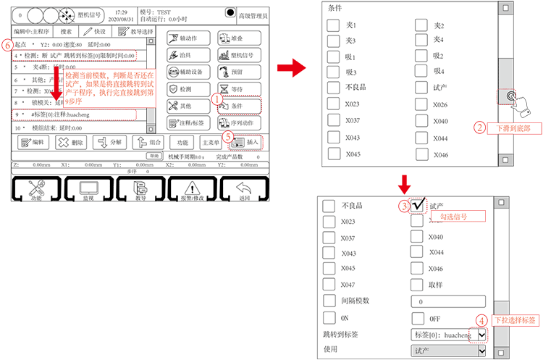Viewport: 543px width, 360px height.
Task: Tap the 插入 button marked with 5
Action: (245, 143)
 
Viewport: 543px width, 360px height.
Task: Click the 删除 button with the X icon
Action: (72, 143)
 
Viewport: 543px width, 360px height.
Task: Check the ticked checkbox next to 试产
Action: (418, 205)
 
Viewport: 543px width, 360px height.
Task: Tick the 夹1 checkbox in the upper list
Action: (333, 25)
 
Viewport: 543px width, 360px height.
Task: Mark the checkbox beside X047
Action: (329, 285)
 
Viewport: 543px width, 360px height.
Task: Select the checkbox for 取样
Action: (418, 285)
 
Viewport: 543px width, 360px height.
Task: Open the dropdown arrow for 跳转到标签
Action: (481, 335)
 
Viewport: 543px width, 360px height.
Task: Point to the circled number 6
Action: (7, 44)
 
